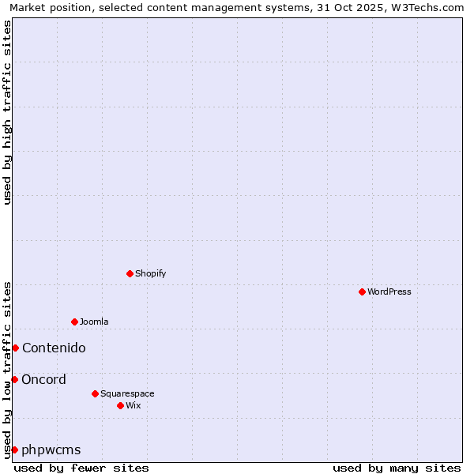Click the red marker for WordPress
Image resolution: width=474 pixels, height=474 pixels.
pos(362,292)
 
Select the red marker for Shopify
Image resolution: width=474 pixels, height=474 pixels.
pos(130,273)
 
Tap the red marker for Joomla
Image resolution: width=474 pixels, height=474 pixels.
pos(74,322)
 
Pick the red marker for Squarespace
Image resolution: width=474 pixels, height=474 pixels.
pos(95,393)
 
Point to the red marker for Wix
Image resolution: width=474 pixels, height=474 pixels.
pos(120,405)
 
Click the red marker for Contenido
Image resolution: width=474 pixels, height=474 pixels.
pos(15,348)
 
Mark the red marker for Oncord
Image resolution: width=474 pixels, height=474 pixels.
pos(14,379)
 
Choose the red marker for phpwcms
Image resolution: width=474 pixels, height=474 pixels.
pos(14,450)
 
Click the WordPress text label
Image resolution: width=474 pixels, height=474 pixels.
pos(389,292)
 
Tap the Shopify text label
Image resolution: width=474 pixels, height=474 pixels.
pos(150,273)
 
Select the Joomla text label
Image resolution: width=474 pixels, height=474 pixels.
pos(94,322)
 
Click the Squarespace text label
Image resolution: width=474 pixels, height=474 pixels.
pos(127,393)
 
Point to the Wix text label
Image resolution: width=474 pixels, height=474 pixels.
pos(133,405)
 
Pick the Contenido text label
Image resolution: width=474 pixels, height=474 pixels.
pos(54,348)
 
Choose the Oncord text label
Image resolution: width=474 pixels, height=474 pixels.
pos(43,379)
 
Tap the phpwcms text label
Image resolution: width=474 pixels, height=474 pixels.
pos(51,450)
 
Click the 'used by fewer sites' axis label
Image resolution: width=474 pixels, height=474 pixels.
pos(81,468)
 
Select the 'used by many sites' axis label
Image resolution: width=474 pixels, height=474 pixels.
pos(397,468)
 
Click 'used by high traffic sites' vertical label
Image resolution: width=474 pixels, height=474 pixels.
pos(7,112)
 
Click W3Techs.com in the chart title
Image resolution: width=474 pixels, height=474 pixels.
pos(424,7)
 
